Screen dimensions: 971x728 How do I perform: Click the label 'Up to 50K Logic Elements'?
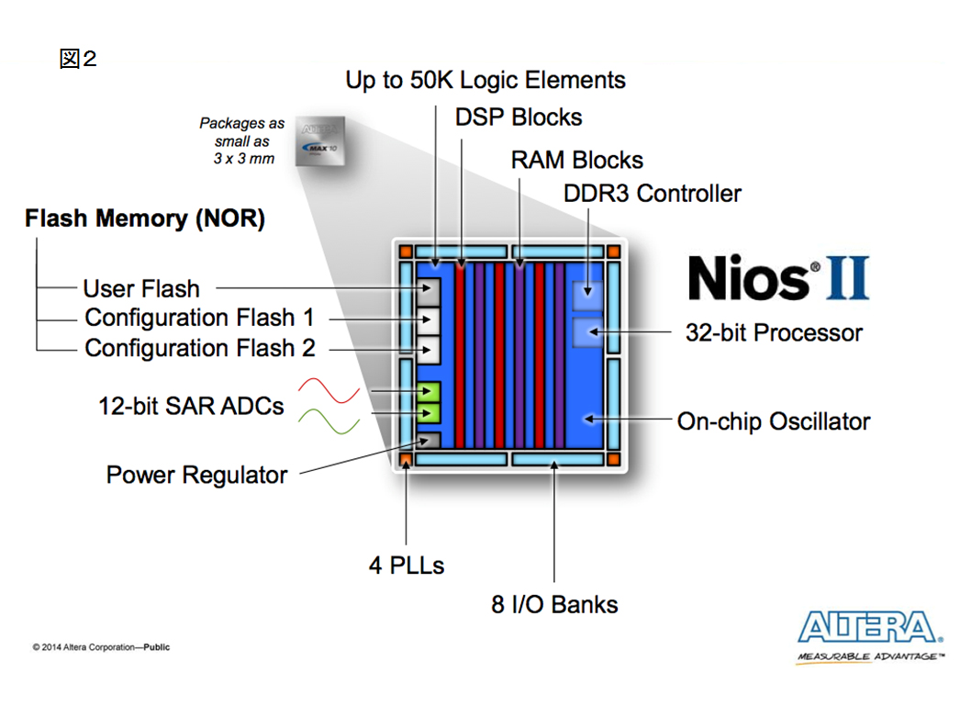point(485,81)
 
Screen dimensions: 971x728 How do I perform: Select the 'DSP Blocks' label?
point(519,118)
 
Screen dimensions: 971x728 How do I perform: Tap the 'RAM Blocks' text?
point(576,160)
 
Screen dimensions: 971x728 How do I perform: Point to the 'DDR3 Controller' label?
point(653,194)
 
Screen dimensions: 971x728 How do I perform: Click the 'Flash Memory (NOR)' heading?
point(145,218)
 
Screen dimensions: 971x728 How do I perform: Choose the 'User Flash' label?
point(141,289)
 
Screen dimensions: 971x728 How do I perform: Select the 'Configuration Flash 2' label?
point(200,348)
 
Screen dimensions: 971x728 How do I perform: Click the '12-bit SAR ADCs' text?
point(191,407)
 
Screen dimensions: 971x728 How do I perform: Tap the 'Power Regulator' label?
point(197,476)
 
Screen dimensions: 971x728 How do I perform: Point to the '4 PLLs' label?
point(407,566)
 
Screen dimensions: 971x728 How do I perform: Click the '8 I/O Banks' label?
point(554,605)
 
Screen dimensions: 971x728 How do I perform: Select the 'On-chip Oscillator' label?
point(774,421)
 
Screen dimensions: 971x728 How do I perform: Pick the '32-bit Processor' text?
point(774,332)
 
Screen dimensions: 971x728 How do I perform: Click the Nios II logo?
point(779,277)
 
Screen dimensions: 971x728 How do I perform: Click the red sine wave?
point(329,390)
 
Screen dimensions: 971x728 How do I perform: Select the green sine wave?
point(329,421)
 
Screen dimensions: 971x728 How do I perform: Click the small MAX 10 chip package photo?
point(319,141)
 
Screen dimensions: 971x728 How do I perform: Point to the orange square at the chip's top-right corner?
point(614,252)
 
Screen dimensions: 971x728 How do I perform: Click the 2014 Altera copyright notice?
point(101,647)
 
